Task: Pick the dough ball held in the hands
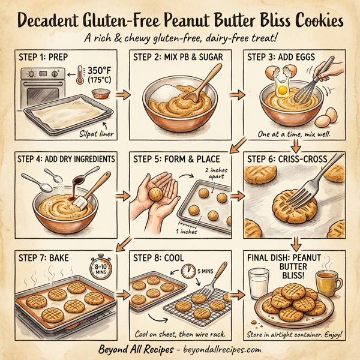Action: coord(154,194)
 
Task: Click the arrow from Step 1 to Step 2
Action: coord(122,94)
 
